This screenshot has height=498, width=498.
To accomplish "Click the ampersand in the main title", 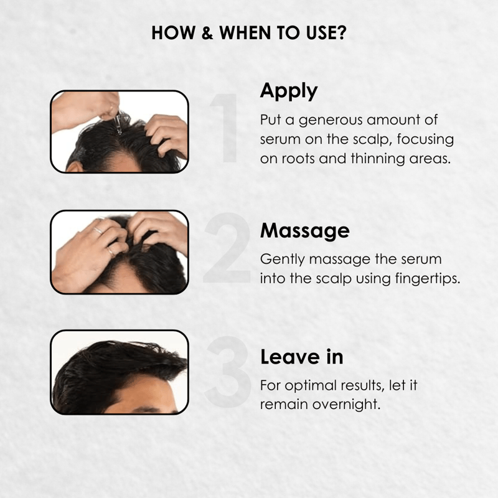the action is tap(207, 33).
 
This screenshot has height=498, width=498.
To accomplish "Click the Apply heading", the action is tap(289, 91).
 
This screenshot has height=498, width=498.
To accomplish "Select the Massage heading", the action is tap(304, 230).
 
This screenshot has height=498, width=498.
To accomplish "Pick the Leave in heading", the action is tap(302, 357).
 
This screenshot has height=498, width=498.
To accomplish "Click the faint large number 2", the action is tap(227, 248).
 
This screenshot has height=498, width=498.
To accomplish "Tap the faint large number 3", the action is tap(228, 372).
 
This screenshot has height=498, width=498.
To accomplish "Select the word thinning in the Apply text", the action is tap(378, 158).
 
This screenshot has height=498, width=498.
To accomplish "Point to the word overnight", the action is tap(346, 405).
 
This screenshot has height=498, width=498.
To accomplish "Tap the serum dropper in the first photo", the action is tap(118, 122).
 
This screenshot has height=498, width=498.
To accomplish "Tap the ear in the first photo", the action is tap(74, 167).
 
